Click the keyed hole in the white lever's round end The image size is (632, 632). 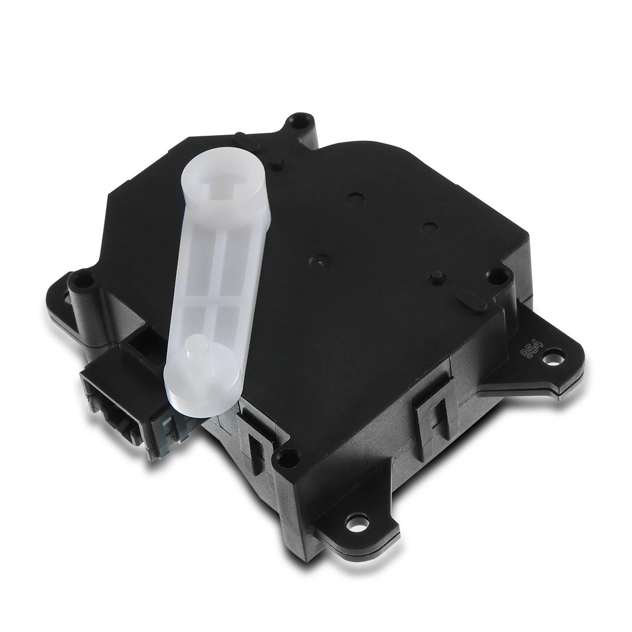[x=220, y=184]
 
